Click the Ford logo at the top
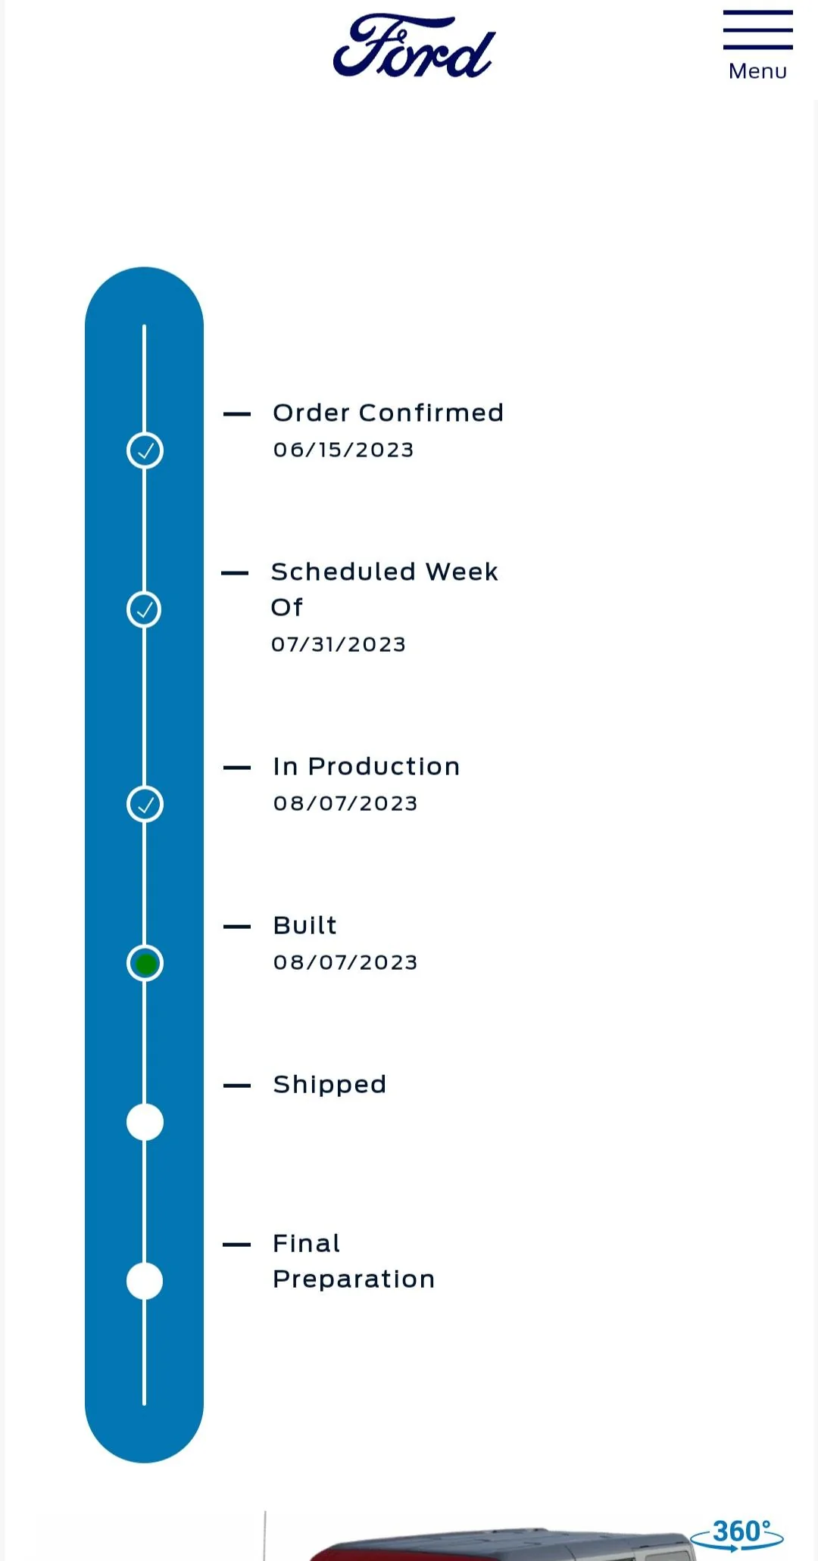click(x=414, y=46)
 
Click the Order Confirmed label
click(x=388, y=413)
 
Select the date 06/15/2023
click(x=343, y=450)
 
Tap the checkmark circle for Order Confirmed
click(x=145, y=450)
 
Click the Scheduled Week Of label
click(x=385, y=589)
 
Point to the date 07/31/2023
click(x=339, y=644)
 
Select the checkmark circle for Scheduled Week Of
click(x=144, y=609)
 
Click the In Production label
click(x=367, y=766)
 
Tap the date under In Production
click(x=345, y=803)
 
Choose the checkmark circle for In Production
click(x=145, y=804)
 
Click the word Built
click(x=305, y=925)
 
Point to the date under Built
click(x=345, y=962)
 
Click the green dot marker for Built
click(x=145, y=964)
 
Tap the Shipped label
click(x=329, y=1085)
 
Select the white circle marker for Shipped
click(x=145, y=1122)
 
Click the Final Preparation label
click(x=354, y=1261)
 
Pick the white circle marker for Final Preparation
click(x=145, y=1281)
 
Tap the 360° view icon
click(x=737, y=1534)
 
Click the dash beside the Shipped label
click(x=237, y=1086)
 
